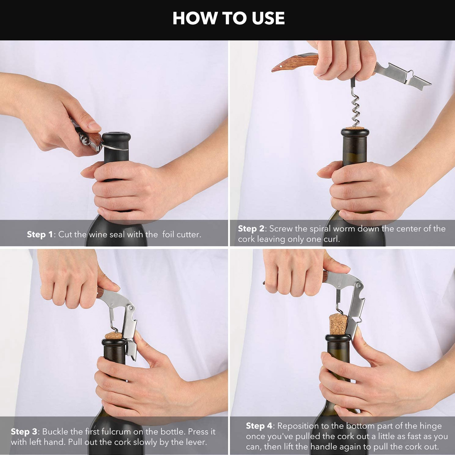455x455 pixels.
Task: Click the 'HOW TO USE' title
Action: coord(228,18)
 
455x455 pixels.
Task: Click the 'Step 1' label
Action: coord(40,234)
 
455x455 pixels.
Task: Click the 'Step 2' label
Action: coord(251,228)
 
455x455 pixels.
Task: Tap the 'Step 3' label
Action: coord(24,431)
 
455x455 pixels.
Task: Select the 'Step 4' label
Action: coord(259,426)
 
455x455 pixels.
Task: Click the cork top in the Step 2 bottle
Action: coord(355,129)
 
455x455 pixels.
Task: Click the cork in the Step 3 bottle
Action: coord(114,336)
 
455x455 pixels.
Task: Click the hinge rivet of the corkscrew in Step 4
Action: coord(359,285)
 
